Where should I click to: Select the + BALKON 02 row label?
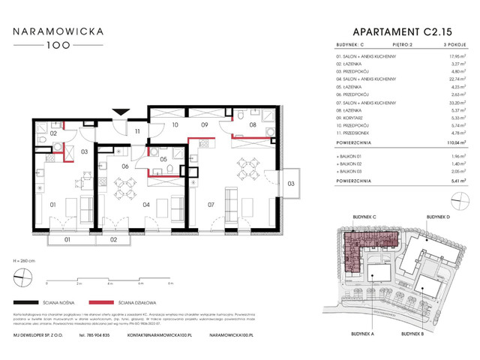355,163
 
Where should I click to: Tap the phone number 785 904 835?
98,335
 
